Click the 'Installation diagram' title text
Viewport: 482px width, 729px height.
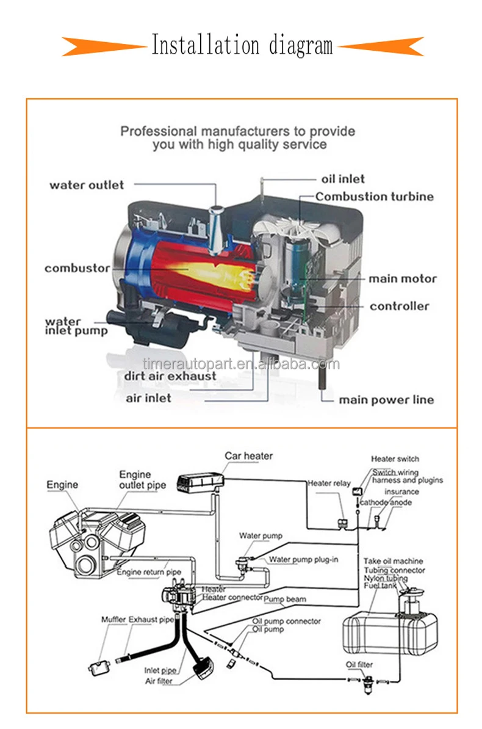click(x=242, y=45)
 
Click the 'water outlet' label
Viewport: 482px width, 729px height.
click(x=87, y=185)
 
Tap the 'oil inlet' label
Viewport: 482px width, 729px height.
click(x=342, y=179)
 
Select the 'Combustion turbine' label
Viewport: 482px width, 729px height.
click(x=375, y=197)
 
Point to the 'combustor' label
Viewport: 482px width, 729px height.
click(x=77, y=268)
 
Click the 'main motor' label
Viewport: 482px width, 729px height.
click(x=402, y=279)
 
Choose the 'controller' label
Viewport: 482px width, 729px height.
click(x=399, y=306)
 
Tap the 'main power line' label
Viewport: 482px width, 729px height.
click(x=386, y=400)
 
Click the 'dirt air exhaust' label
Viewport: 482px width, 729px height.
click(x=171, y=376)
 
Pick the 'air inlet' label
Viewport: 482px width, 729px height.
click(x=148, y=398)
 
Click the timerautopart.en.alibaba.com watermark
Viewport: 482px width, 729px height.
click(x=241, y=364)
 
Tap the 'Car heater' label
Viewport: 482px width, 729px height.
click(x=248, y=456)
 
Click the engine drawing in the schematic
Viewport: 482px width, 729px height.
click(x=92, y=534)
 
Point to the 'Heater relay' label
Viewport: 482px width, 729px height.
click(x=329, y=483)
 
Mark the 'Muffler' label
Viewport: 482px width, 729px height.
click(x=113, y=620)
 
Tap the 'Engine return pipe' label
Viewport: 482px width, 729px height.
click(x=149, y=572)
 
